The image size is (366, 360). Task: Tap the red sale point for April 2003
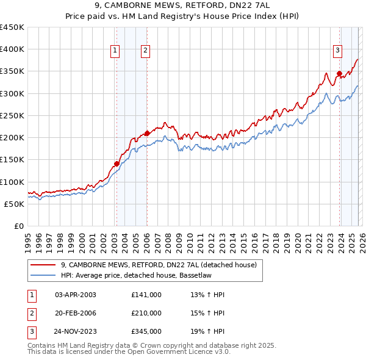point(116,164)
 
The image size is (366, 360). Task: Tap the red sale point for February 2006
point(147,133)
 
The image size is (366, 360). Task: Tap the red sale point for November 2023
point(339,74)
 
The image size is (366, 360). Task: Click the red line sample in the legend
point(43,265)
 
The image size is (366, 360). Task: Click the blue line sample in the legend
point(43,275)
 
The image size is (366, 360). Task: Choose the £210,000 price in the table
point(146,313)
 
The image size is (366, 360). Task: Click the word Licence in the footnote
point(185,352)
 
